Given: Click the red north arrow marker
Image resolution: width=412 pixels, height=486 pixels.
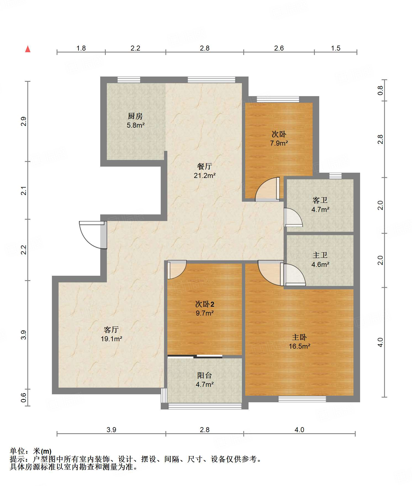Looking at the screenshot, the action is point(28,49).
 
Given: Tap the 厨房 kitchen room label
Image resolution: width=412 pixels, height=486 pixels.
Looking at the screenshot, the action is point(135,116).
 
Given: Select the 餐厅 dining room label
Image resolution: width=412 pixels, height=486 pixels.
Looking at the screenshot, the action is point(204,166).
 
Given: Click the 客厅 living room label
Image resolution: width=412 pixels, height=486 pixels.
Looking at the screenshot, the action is point(111,330).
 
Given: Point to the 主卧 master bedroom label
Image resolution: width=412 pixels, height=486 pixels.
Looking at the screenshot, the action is point(299,337).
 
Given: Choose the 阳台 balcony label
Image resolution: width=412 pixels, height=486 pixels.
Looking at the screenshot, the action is point(205,375).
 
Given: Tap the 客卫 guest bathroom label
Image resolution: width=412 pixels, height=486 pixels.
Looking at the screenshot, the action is point(320,200).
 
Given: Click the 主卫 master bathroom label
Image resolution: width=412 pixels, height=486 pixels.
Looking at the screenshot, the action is point(320,255).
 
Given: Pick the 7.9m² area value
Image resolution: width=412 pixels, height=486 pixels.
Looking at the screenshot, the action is point(279,143).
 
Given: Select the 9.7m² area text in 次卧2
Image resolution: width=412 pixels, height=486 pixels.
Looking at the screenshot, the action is point(205,313).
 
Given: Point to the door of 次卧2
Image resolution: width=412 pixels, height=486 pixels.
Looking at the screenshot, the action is point(177,270).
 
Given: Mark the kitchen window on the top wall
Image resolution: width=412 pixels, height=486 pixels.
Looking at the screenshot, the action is point(129,80).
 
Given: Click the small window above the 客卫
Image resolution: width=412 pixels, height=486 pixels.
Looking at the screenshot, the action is point(336,176).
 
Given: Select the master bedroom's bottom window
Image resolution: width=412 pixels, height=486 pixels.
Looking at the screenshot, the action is point(302,399).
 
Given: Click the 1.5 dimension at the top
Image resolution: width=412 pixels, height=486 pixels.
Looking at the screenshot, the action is point(336,48).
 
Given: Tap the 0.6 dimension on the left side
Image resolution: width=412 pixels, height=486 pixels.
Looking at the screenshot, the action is point(24,398).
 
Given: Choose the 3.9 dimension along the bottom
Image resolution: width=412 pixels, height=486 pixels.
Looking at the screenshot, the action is point(111,430).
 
